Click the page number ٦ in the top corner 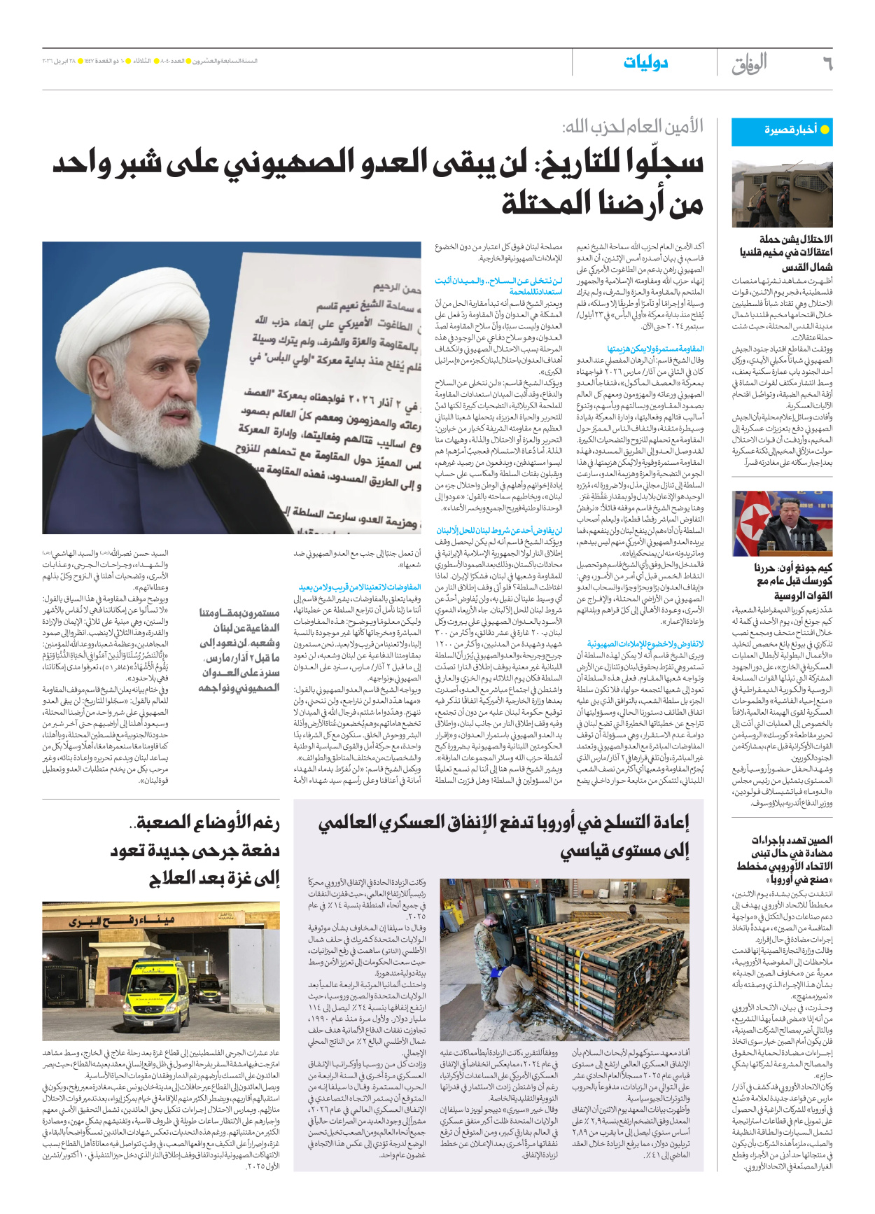tap(827, 64)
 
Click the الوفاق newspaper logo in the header tap(749, 64)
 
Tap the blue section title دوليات tap(645, 64)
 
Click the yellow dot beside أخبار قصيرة tap(825, 130)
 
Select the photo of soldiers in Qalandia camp tap(782, 194)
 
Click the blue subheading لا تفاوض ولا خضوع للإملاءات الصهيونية tap(645, 643)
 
